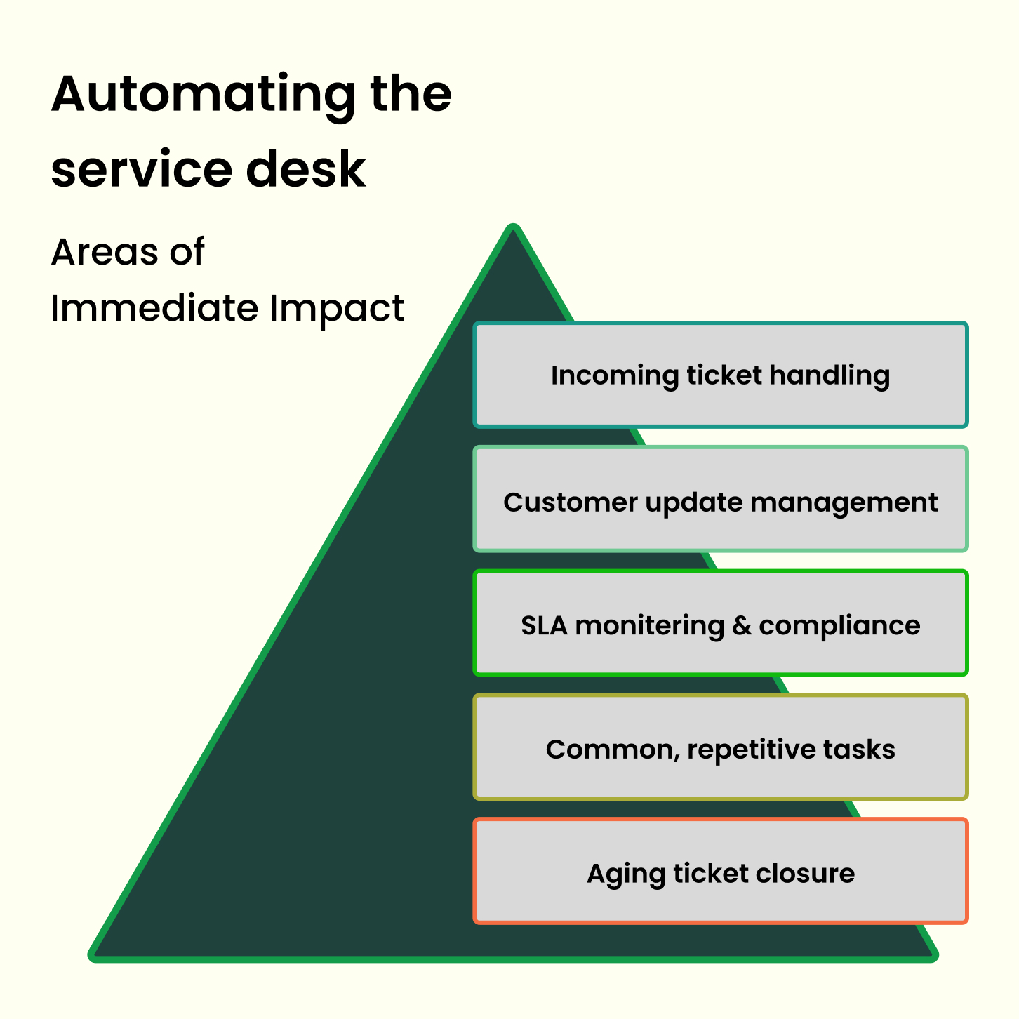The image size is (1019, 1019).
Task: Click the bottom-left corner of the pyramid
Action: point(94,954)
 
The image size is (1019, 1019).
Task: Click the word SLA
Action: point(544,625)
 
